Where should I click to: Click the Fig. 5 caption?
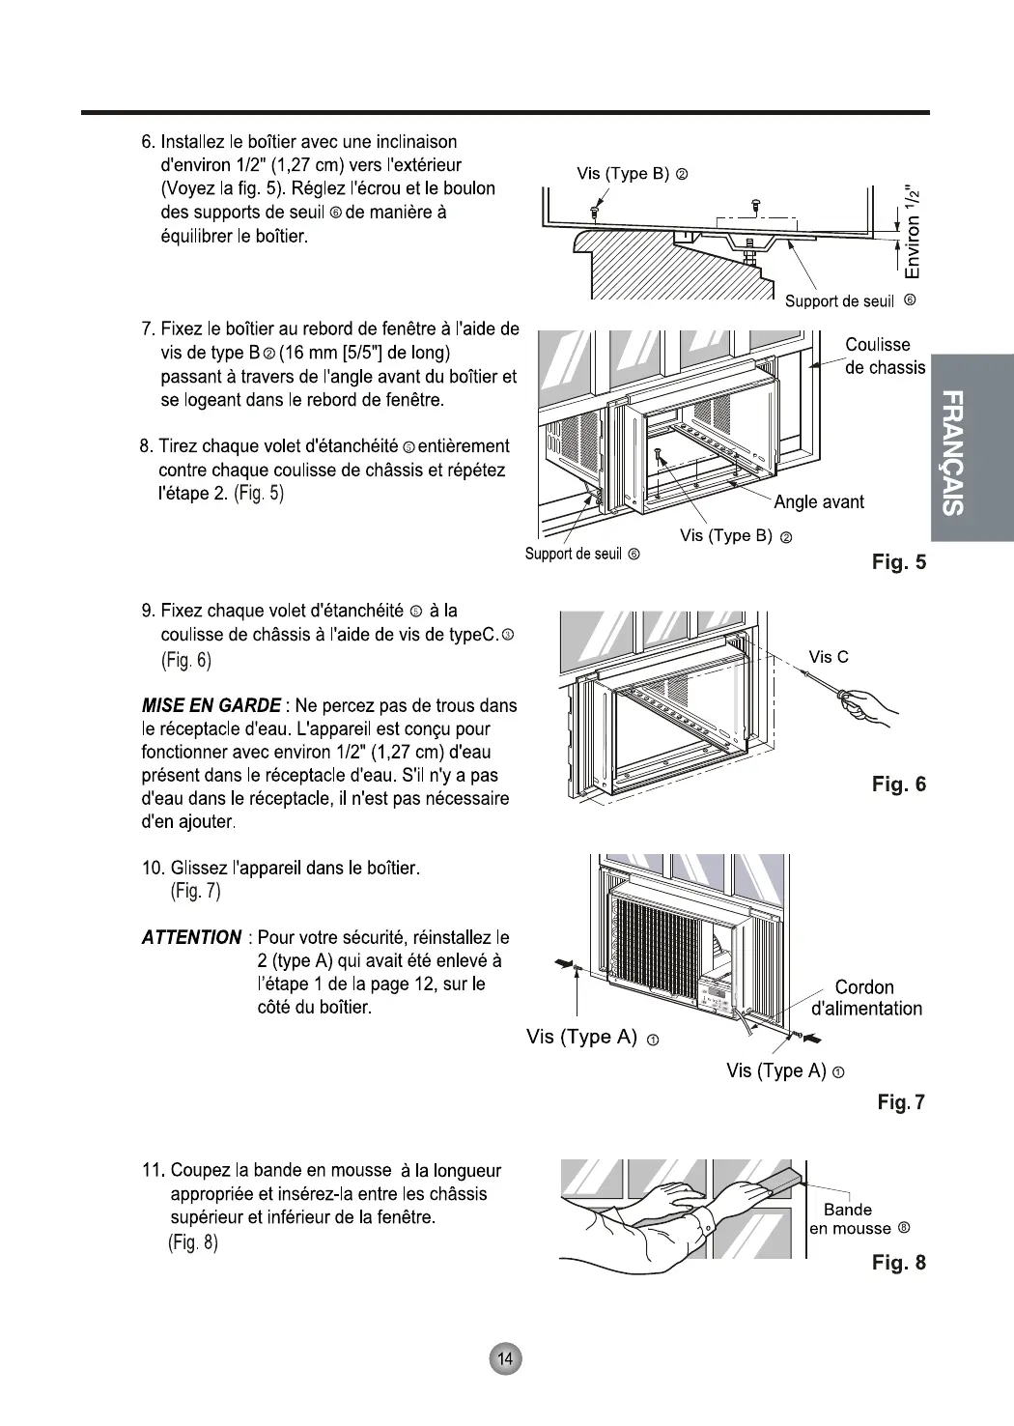coord(898,561)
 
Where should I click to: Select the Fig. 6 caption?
coord(898,784)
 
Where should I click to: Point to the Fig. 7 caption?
coord(901,1101)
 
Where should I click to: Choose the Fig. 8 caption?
coord(898,1262)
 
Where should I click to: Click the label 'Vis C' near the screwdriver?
coord(829,657)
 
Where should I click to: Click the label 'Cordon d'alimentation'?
coord(866,998)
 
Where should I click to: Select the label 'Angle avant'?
coord(818,501)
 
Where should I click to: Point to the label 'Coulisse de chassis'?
coord(884,356)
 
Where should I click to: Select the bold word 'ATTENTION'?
coord(191,937)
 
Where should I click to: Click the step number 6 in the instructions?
coord(148,143)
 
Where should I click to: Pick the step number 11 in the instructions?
coord(153,1171)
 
